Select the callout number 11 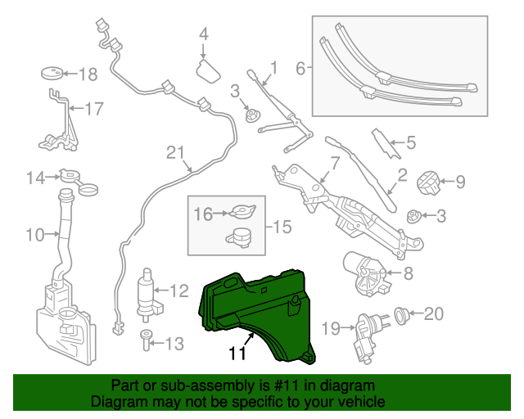coord(237,353)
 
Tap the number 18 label coord(87,74)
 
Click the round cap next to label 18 coord(52,74)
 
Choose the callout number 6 coord(300,69)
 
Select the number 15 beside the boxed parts coord(282,226)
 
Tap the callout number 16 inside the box coord(202,214)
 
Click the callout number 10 coord(34,236)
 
